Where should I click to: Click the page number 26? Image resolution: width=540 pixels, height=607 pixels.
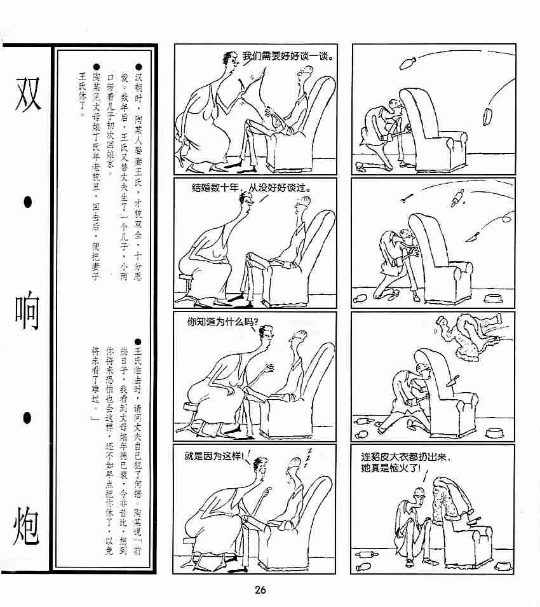tap(260, 590)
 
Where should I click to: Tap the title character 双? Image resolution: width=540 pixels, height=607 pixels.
tap(28, 93)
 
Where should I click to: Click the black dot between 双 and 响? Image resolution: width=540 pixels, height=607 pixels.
tap(27, 201)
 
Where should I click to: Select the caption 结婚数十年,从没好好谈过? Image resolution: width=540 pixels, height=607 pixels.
tap(251, 188)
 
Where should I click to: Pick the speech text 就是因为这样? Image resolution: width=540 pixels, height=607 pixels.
tap(214, 456)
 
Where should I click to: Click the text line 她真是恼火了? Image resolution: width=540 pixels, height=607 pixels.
tap(390, 468)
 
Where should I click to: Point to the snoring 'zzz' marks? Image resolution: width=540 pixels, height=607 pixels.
tap(309, 455)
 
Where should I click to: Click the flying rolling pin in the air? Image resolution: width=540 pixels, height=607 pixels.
tap(457, 198)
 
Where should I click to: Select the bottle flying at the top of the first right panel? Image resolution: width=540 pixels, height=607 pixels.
tap(408, 62)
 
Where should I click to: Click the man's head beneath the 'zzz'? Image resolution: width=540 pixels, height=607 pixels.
tap(294, 466)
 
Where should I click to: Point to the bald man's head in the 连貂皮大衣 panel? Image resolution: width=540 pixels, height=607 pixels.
tap(420, 494)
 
